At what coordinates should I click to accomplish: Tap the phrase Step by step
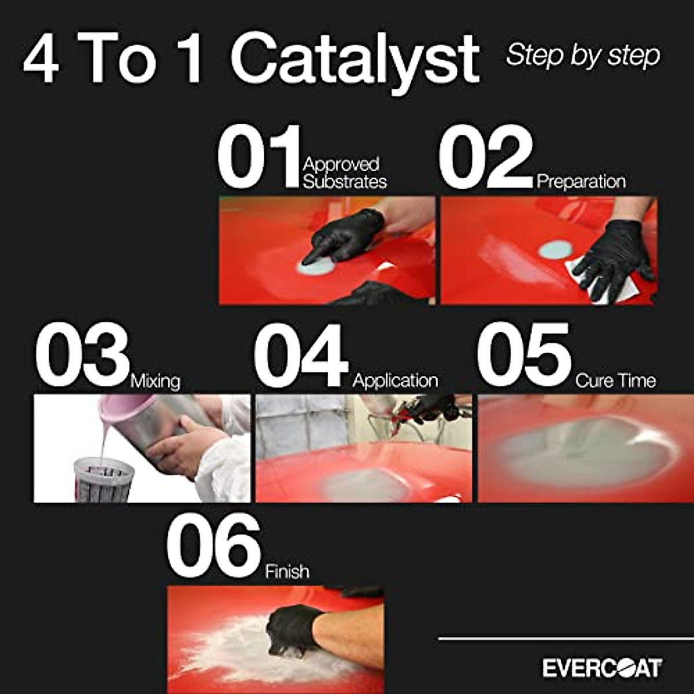click(582, 56)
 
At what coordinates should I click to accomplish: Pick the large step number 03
click(82, 355)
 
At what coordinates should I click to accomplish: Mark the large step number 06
click(213, 546)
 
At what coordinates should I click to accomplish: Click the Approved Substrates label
click(345, 173)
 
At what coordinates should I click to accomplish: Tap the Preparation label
click(581, 182)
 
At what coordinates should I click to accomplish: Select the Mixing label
click(155, 382)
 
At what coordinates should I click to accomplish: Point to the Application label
click(395, 381)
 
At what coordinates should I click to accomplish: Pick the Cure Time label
click(615, 381)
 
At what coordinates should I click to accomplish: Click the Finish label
click(287, 571)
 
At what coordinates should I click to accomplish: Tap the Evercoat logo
click(602, 668)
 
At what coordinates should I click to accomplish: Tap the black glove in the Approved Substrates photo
click(341, 234)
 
